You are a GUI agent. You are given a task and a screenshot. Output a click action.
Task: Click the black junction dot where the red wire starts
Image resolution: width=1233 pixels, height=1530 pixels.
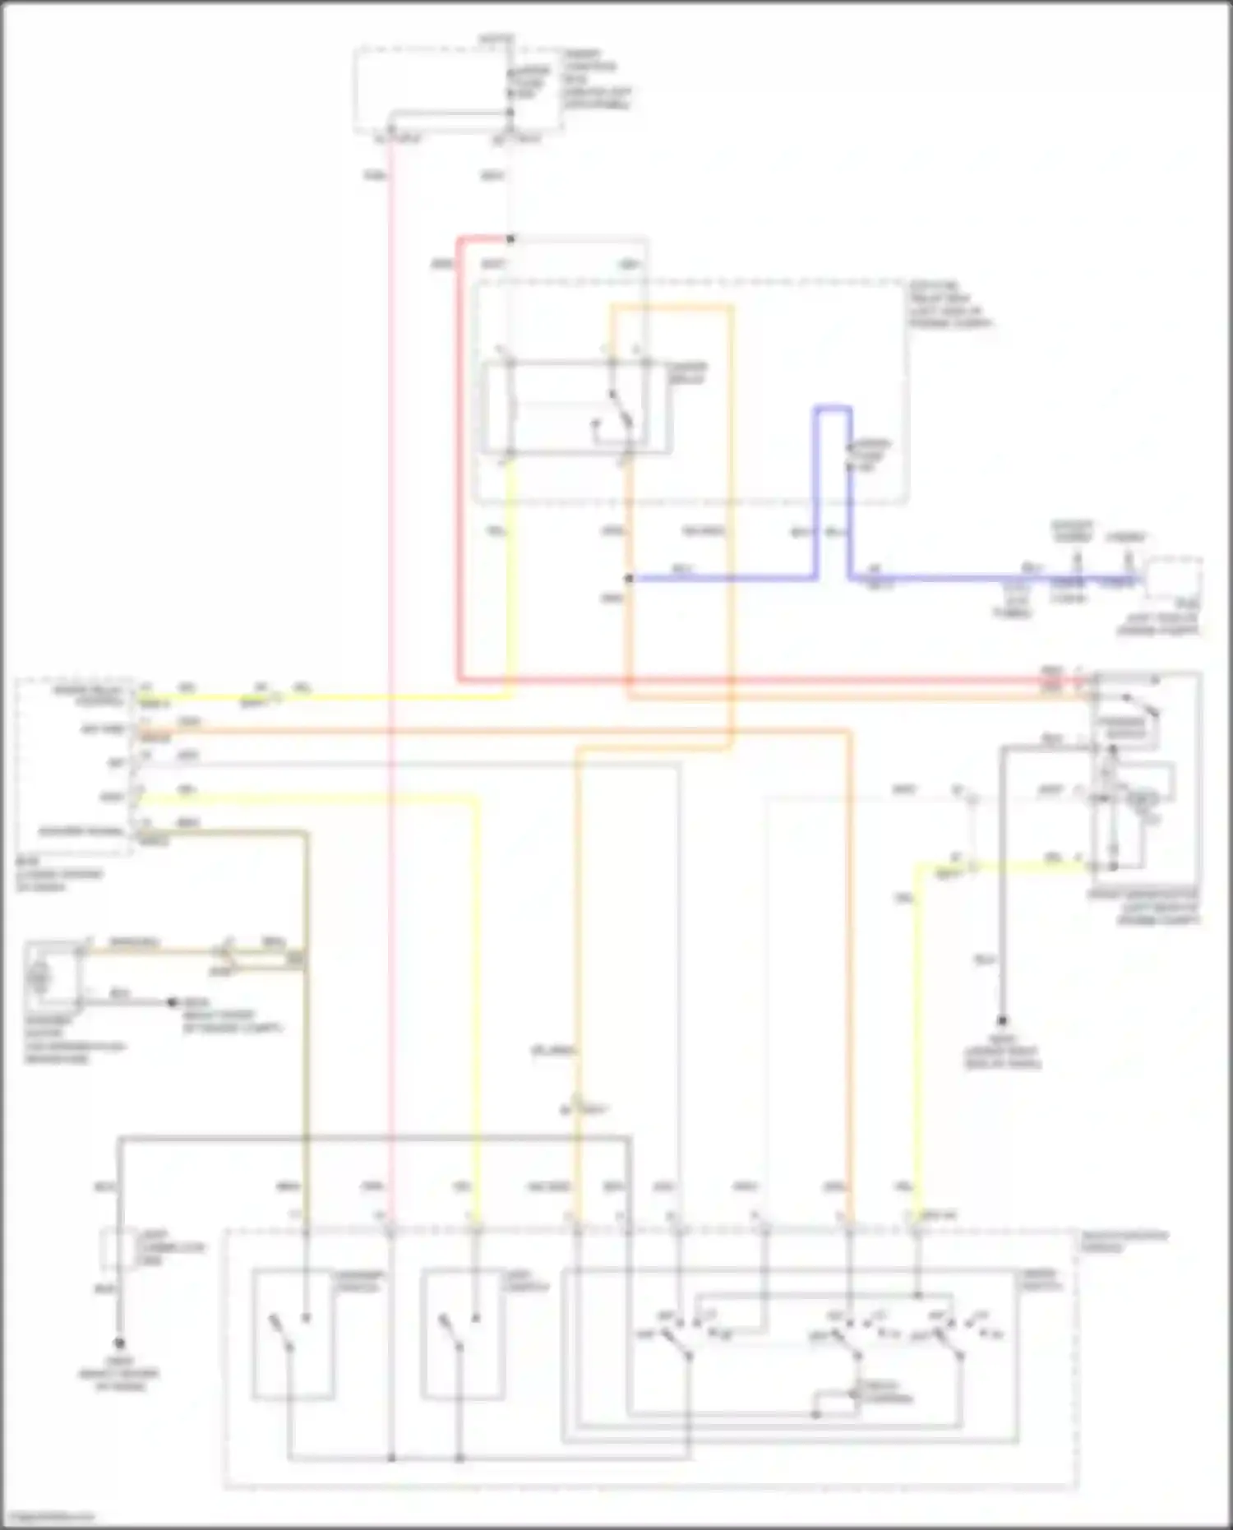510,239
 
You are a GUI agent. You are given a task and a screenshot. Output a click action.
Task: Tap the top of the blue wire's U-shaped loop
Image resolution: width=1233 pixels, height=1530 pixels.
833,408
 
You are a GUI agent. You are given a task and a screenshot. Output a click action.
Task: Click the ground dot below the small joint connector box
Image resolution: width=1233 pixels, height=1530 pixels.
120,1343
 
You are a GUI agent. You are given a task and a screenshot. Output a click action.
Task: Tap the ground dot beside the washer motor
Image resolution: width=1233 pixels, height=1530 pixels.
172,1002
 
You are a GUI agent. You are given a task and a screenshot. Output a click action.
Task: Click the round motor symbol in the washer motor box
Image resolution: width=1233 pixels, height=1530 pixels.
39,978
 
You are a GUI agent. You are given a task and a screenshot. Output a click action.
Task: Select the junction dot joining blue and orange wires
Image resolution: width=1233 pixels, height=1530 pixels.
629,579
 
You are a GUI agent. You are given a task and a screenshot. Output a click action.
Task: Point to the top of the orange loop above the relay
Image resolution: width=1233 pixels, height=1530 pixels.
670,307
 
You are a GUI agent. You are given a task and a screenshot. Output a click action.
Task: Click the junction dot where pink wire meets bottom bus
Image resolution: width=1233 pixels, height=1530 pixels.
391,1458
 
